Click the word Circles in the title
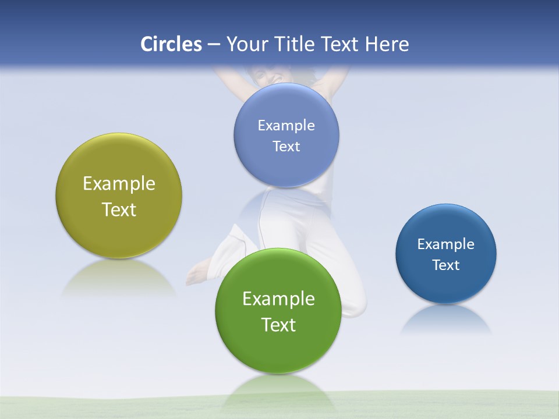(x=171, y=44)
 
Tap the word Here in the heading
(x=387, y=44)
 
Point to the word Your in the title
(x=245, y=44)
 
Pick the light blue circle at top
(x=286, y=105)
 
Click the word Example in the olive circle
(x=119, y=184)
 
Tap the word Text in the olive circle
(x=119, y=210)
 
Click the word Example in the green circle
(x=278, y=299)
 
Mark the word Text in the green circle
(x=278, y=325)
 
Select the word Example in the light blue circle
(x=286, y=126)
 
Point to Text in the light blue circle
(x=286, y=147)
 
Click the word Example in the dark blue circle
(x=446, y=244)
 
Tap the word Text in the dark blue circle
(x=446, y=265)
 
